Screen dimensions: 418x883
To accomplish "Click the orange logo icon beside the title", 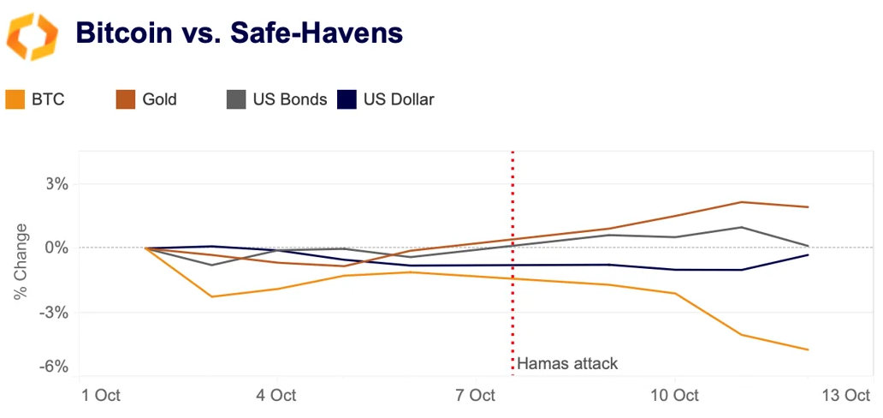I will coord(32,35).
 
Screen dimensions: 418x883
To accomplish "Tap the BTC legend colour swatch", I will coord(15,99).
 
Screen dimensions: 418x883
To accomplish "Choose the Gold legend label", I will coord(159,99).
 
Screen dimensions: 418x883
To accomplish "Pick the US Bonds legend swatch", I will coord(236,99).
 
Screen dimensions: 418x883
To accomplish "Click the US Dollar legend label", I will coord(399,99).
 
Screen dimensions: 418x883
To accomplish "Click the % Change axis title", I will coord(21,262).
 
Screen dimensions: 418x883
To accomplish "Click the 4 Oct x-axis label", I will coord(276,396).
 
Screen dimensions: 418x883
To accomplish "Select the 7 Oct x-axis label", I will coord(475,396).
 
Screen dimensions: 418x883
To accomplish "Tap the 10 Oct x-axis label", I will coord(674,396).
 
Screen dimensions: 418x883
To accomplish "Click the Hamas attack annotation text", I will coord(567,363).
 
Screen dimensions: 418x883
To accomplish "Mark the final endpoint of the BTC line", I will coord(808,349).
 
